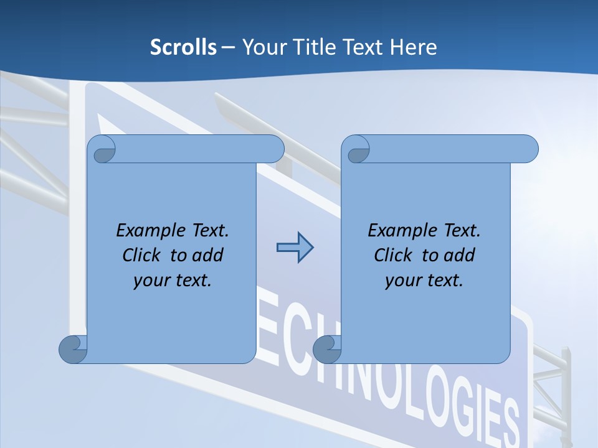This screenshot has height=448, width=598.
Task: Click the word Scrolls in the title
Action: coord(184,47)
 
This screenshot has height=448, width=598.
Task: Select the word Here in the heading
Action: coord(414,47)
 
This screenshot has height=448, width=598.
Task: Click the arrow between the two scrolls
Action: coord(295,248)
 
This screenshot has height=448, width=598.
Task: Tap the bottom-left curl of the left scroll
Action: coord(72,350)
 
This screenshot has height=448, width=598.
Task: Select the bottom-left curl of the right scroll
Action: coord(326,350)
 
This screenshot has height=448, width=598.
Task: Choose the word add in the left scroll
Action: coord(208,255)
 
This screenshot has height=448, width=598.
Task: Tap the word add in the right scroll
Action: coord(460,255)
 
